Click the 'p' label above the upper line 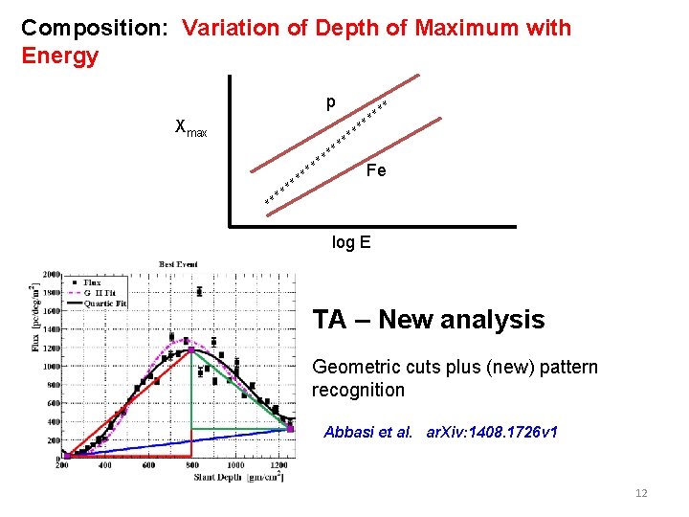click(x=330, y=102)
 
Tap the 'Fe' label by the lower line click(x=376, y=170)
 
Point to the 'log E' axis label click(x=350, y=242)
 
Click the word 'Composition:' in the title click(x=94, y=28)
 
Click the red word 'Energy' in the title click(x=59, y=56)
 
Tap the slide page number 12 click(x=641, y=493)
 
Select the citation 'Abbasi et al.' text click(x=368, y=432)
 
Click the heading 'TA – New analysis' click(x=429, y=320)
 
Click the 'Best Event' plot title click(x=179, y=263)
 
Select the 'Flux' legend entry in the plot click(x=93, y=283)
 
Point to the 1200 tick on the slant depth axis click(x=278, y=465)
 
